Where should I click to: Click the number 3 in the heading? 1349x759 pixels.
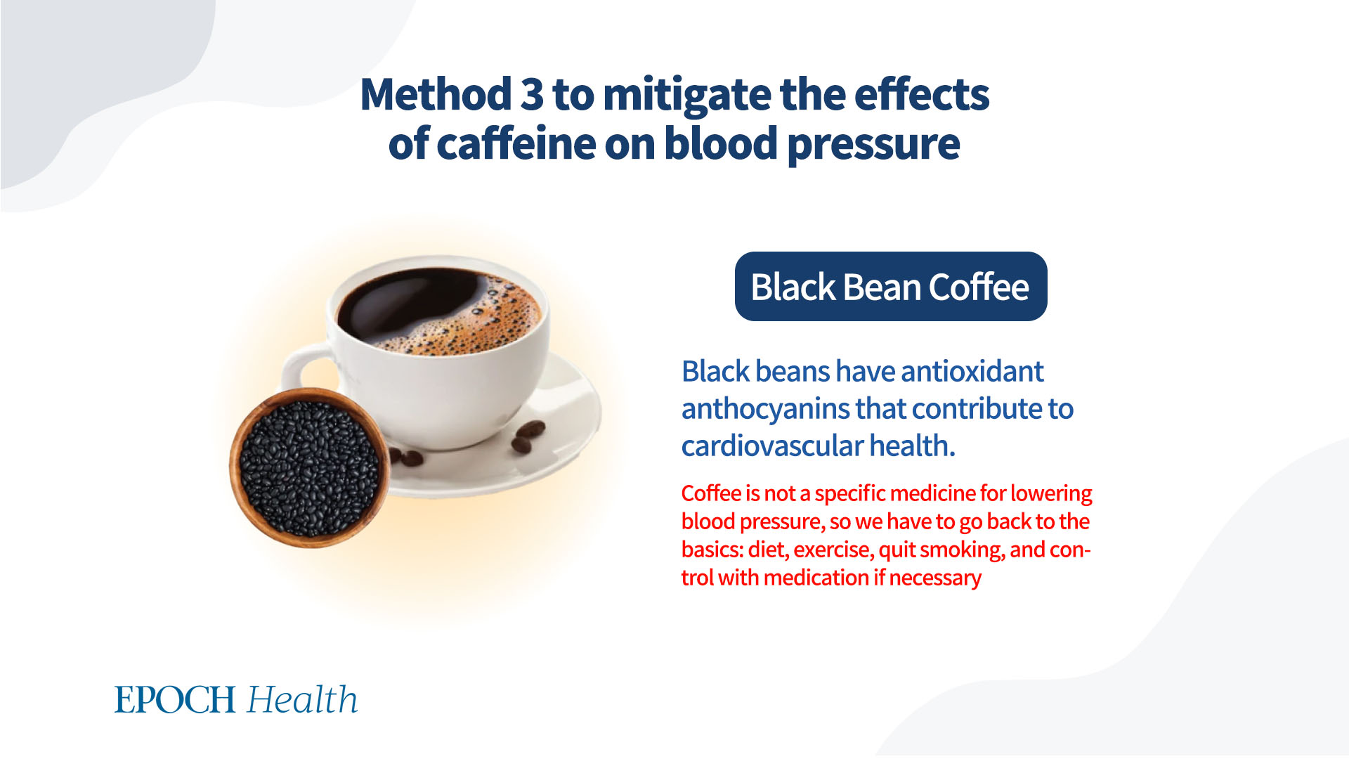pos(532,94)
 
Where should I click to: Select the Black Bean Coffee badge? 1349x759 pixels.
pos(891,286)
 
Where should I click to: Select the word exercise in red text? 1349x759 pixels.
pos(833,550)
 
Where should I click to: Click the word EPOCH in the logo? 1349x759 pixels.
pos(175,700)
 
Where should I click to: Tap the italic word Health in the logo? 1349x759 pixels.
pos(303,699)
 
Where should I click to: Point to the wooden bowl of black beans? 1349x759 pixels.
pos(310,468)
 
